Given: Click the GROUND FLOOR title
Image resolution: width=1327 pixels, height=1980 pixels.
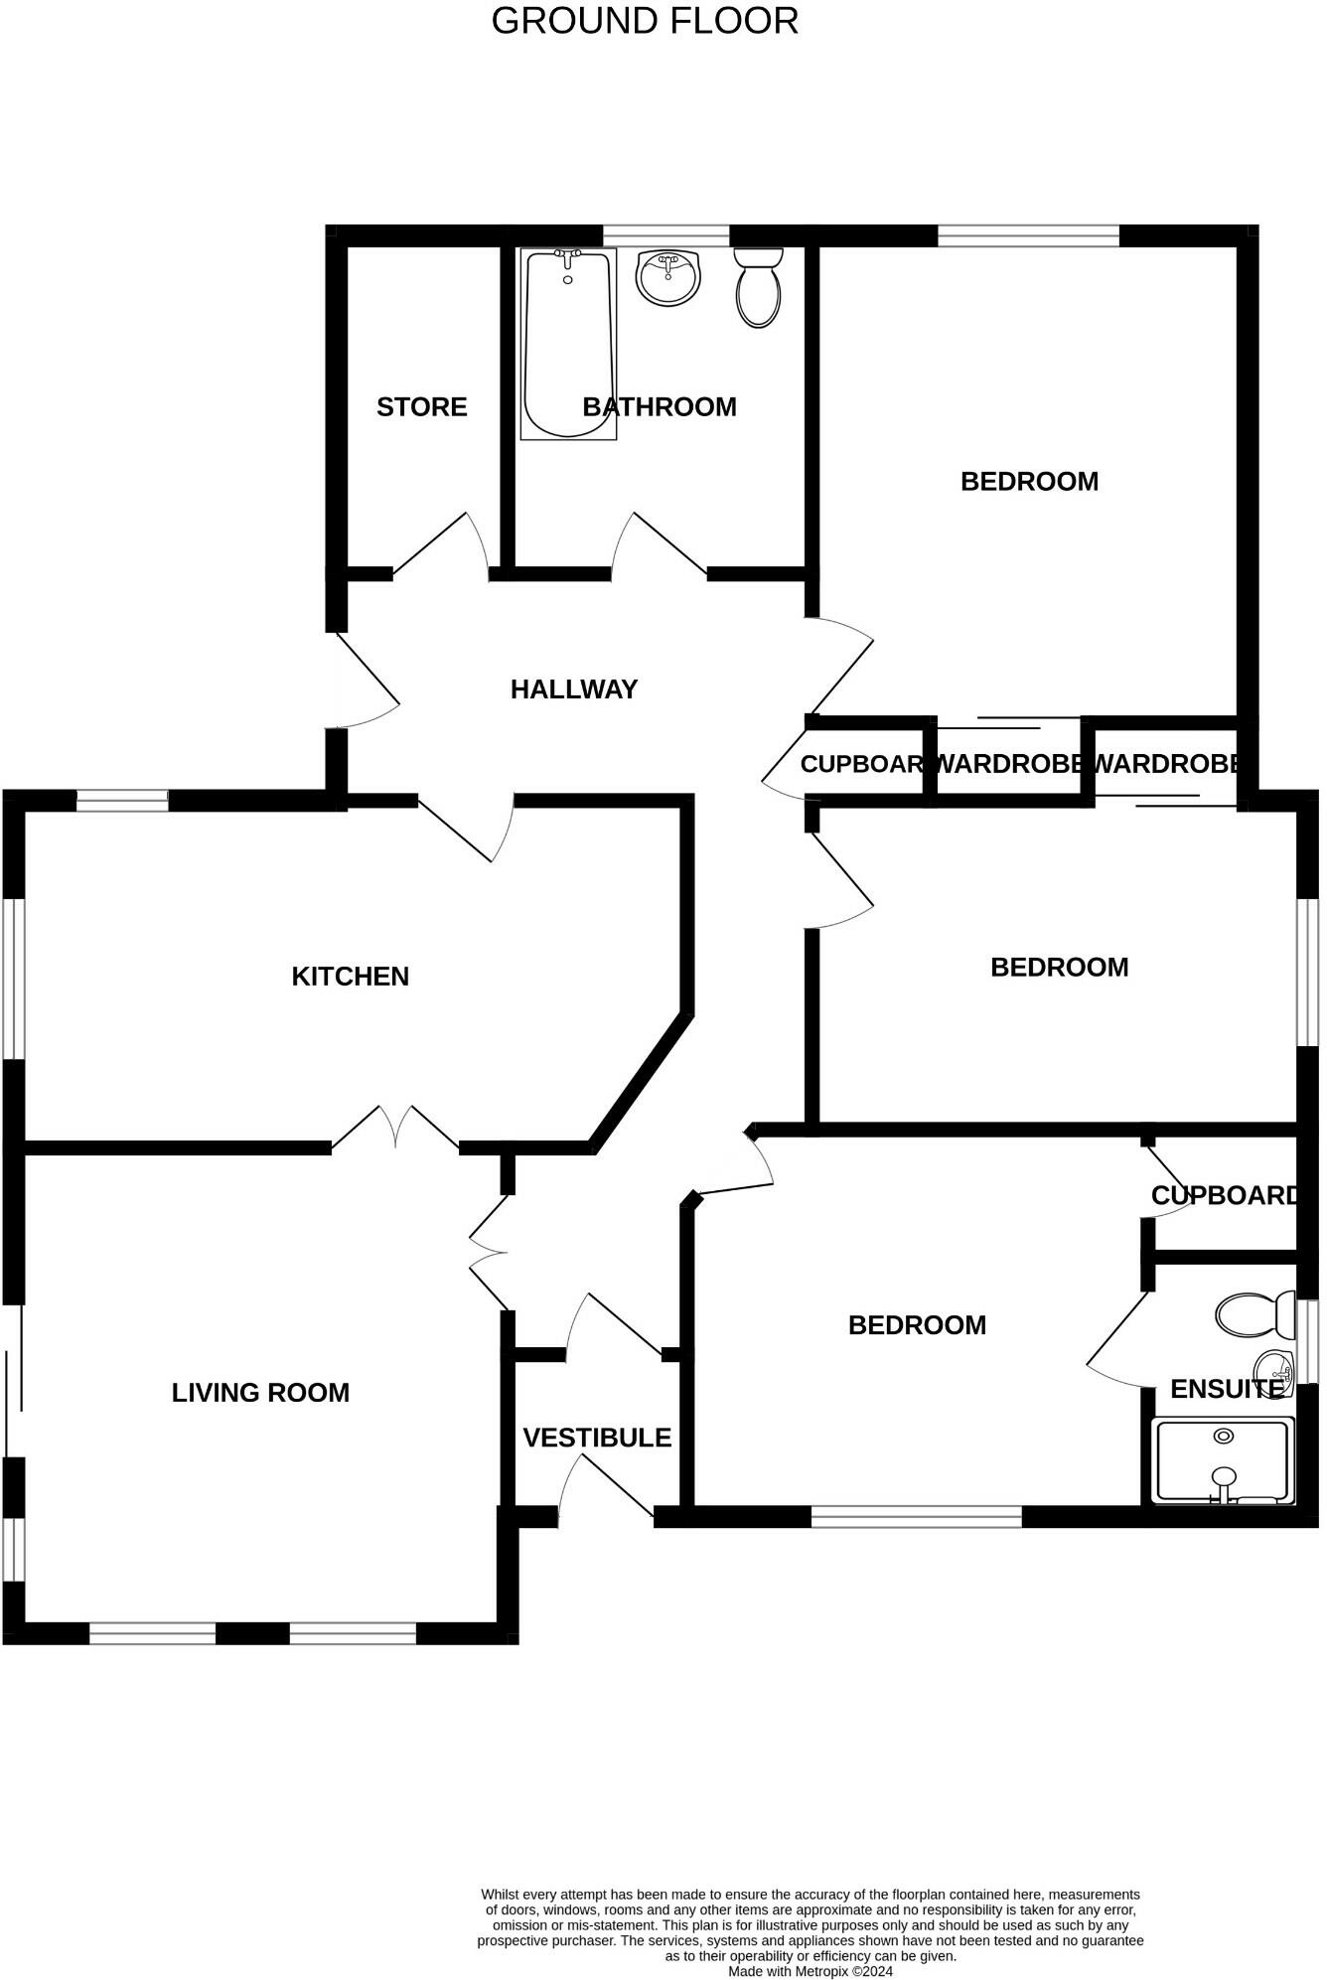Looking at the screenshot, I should tap(645, 21).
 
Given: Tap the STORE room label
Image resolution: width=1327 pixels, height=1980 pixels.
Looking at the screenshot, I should tap(421, 406).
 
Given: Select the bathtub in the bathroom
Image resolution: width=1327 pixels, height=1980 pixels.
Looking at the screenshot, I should tap(568, 343).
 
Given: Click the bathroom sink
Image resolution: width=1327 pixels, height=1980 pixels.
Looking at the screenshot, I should tap(668, 277).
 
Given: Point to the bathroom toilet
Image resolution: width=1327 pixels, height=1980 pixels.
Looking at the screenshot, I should tap(759, 287).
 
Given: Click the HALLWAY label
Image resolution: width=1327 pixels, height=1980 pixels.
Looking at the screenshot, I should tap(573, 689).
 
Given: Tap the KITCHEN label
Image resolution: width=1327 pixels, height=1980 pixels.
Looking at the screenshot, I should tap(350, 977).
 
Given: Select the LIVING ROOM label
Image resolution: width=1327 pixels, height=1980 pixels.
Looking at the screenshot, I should tap(260, 1393).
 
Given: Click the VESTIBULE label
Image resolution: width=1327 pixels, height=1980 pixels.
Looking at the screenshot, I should tap(597, 1438).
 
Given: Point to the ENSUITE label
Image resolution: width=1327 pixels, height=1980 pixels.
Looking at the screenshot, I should tap(1226, 1389).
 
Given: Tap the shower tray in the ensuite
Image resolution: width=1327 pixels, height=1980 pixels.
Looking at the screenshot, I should tap(1224, 1460).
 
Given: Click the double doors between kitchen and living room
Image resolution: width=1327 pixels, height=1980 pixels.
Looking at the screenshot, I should tap(395, 1128).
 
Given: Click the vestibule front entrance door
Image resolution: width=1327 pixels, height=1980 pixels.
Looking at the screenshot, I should tap(606, 1487).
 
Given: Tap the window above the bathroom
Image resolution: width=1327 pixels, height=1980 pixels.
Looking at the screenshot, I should tap(665, 235).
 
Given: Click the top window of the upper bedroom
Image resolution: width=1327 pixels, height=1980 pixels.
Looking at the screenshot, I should tap(1028, 235).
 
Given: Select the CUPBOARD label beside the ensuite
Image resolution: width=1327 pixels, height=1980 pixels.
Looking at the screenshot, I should tap(1224, 1195).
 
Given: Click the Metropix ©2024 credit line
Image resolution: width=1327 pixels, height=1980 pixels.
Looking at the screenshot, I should tap(811, 1971).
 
